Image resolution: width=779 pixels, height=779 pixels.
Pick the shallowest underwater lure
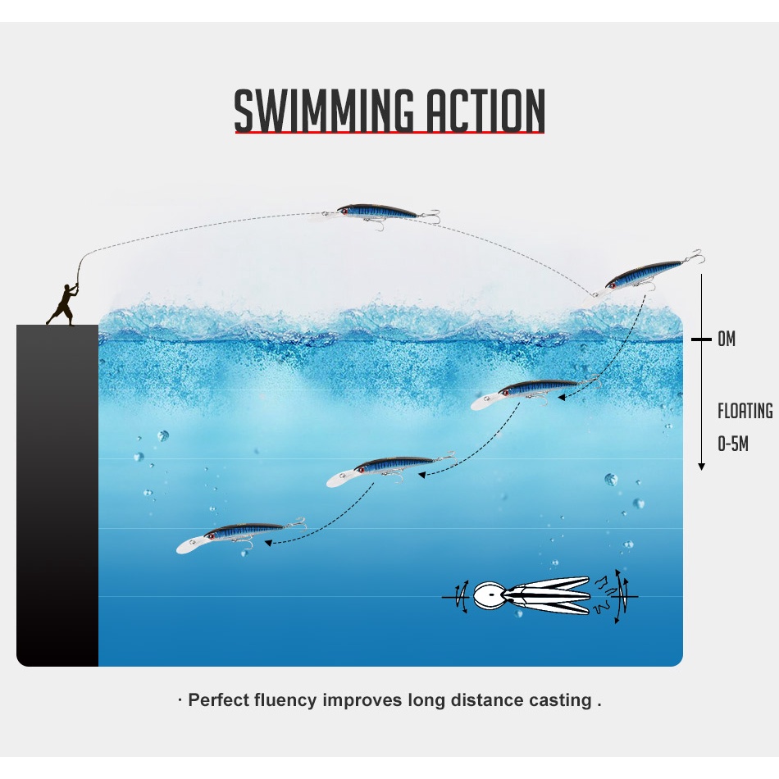tap(533, 391)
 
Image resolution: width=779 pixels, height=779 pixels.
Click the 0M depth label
tap(726, 339)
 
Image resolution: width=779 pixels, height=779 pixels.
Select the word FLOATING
tap(745, 411)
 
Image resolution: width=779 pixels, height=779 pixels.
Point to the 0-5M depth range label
tap(733, 444)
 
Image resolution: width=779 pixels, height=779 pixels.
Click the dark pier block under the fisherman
tap(57, 492)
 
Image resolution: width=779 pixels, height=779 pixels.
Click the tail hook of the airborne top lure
tap(430, 216)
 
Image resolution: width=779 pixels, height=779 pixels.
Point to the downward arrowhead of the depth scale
tap(702, 466)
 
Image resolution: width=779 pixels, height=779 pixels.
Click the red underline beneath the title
tap(389, 133)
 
